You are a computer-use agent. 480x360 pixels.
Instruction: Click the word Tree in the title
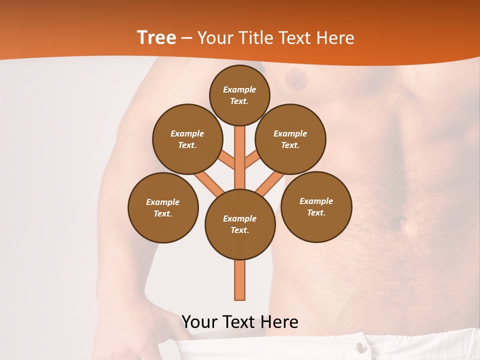tap(156, 38)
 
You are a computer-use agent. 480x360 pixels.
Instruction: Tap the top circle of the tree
tap(239, 95)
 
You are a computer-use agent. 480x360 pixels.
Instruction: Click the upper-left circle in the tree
tap(187, 139)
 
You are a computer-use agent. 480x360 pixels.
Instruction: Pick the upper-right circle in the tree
tap(290, 139)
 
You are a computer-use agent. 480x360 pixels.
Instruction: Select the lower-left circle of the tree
tap(163, 207)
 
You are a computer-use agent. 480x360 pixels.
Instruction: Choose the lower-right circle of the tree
tap(316, 206)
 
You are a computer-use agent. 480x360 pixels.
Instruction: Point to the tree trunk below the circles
tap(240, 280)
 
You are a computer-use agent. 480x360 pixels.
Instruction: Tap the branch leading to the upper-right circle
tap(252, 160)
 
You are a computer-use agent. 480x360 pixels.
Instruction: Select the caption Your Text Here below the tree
tap(240, 322)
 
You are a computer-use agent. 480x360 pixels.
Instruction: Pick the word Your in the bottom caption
tap(200, 322)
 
